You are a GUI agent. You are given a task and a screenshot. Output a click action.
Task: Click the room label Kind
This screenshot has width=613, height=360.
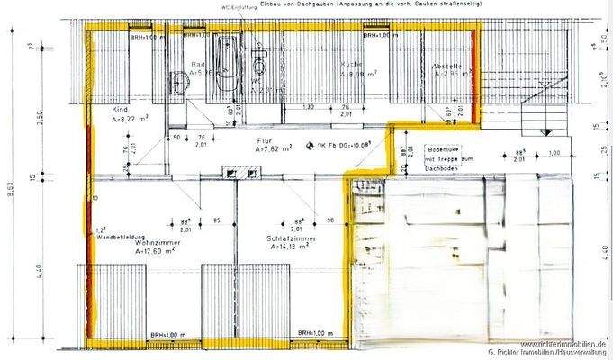(x=120, y=109)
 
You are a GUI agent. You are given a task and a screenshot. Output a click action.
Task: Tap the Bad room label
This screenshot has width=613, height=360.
(x=199, y=65)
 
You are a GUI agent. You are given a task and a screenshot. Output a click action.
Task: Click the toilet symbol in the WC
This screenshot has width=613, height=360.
(x=260, y=65)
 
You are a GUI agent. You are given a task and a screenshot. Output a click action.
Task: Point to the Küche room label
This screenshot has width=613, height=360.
(x=350, y=66)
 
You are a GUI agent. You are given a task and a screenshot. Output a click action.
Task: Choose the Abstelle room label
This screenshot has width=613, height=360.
(x=447, y=66)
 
